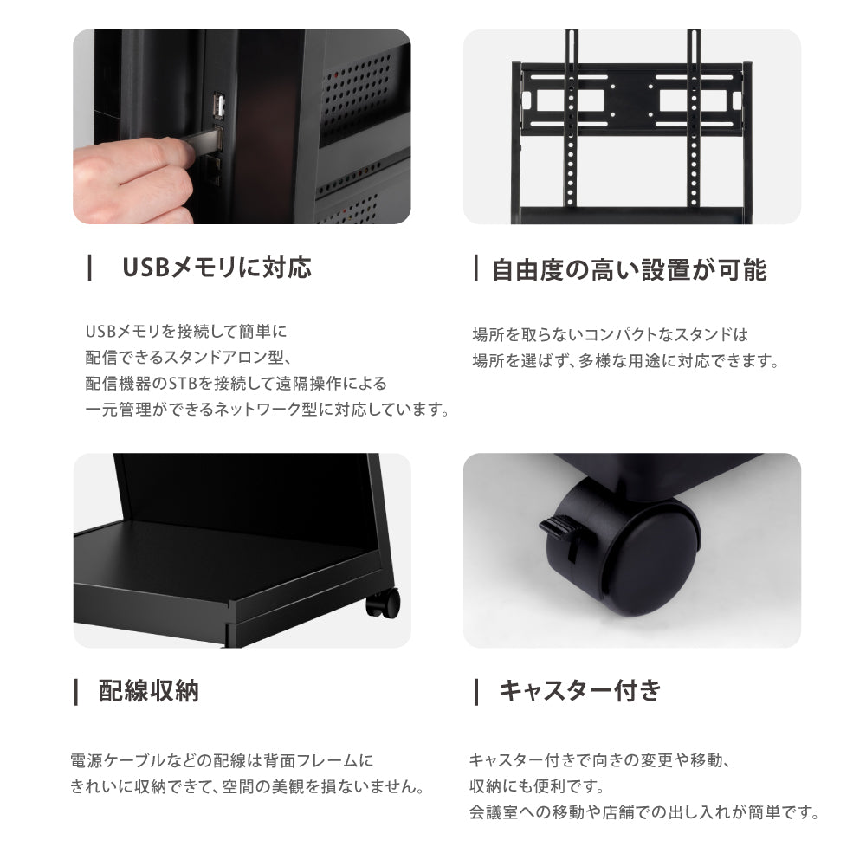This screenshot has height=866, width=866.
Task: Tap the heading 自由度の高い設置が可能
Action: pyautogui.click(x=629, y=270)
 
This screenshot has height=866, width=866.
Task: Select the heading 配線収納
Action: pyautogui.click(x=149, y=690)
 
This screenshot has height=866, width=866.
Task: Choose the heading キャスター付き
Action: pyautogui.click(x=579, y=690)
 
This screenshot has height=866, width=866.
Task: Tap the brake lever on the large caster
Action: pyautogui.click(x=559, y=529)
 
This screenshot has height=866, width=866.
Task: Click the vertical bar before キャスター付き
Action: pyautogui.click(x=475, y=691)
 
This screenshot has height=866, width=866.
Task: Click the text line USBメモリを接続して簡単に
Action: pyautogui.click(x=185, y=332)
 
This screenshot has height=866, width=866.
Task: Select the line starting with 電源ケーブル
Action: pyautogui.click(x=221, y=761)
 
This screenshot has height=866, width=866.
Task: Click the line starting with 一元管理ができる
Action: pyautogui.click(x=268, y=410)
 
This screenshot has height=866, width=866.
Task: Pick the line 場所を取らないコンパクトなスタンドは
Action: pyautogui.click(x=610, y=334)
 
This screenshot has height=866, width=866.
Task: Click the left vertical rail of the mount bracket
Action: pyautogui.click(x=570, y=121)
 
